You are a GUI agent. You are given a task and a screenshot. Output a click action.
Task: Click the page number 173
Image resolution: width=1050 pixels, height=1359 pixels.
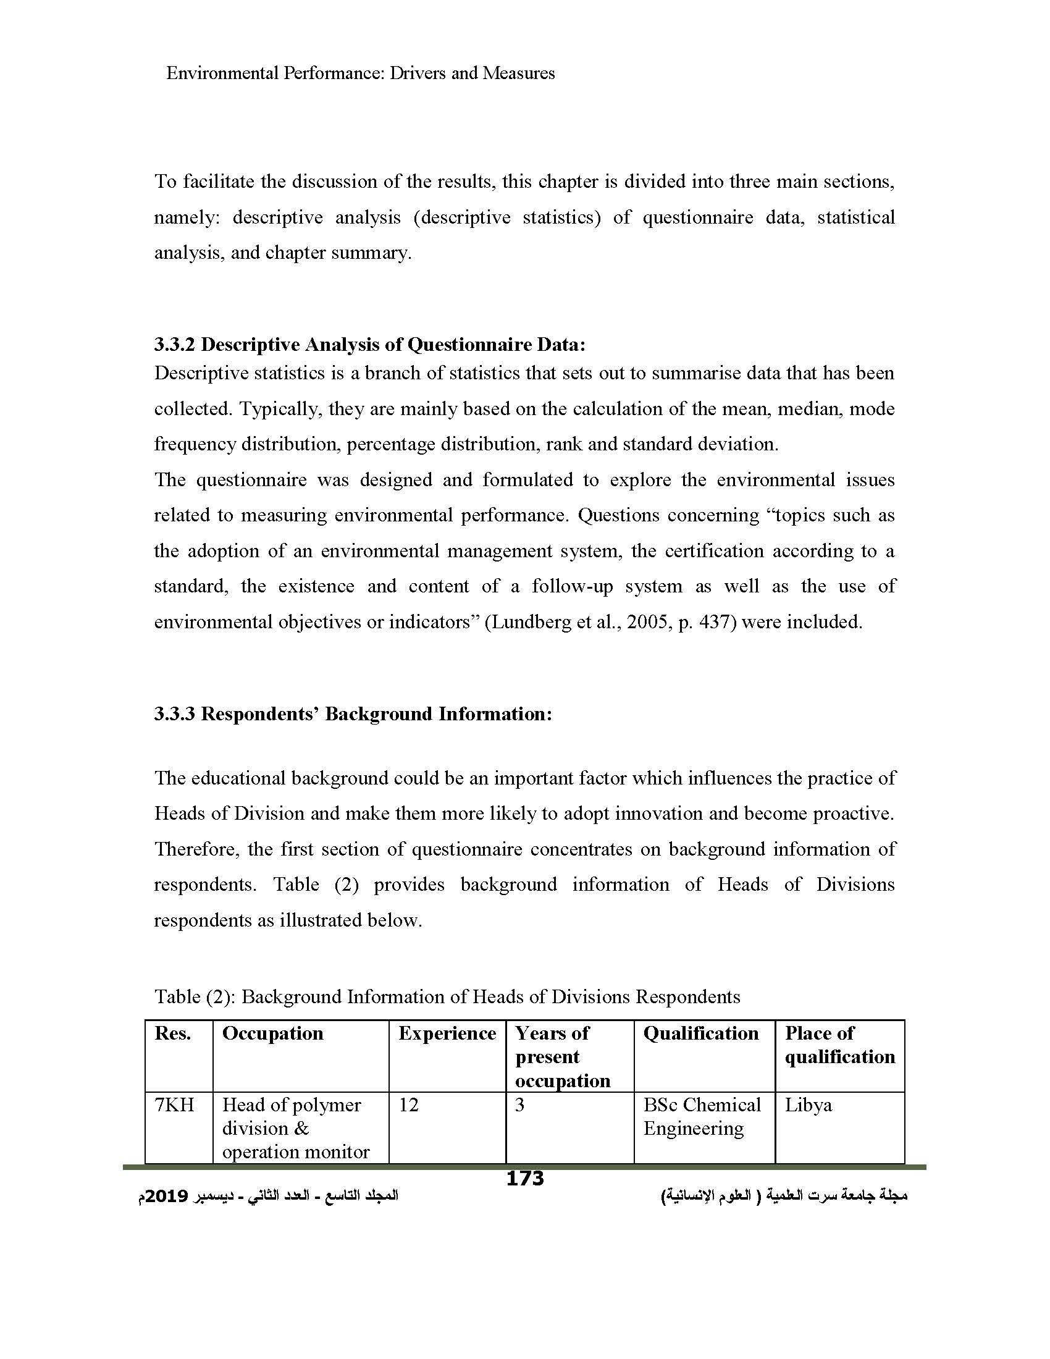pos(525,1178)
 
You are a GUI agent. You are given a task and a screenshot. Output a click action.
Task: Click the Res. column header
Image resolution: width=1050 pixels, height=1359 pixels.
pos(172,1033)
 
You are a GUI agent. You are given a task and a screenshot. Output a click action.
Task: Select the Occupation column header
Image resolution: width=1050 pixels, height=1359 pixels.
pos(272,1033)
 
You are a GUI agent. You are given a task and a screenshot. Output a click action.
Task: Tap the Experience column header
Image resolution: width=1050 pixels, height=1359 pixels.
pos(447,1033)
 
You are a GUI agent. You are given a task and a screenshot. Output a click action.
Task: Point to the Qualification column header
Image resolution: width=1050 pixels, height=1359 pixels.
pos(700,1033)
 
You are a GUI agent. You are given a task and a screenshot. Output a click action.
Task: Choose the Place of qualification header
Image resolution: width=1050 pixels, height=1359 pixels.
pos(839,1045)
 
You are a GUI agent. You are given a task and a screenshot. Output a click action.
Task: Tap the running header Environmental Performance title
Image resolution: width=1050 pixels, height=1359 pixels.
pos(360,74)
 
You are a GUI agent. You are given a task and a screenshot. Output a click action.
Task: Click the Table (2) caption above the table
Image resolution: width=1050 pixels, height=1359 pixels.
pos(194,997)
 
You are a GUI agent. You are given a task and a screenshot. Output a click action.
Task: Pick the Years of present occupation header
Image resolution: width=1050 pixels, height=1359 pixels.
pos(561,1057)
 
